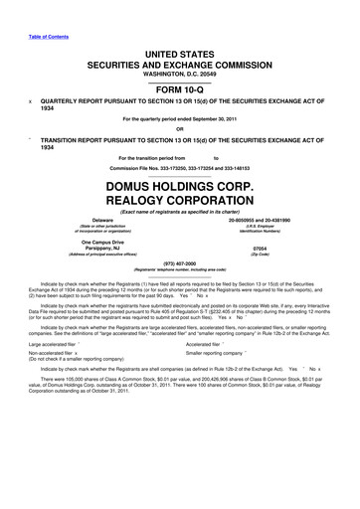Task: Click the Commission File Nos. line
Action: point(180,168)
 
